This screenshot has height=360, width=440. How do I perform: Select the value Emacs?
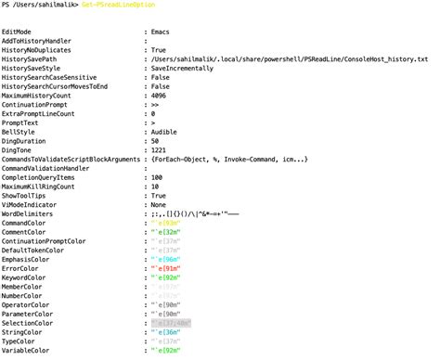coord(162,33)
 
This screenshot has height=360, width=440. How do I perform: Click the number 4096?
coord(160,96)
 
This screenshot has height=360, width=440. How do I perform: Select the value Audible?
coord(167,132)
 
